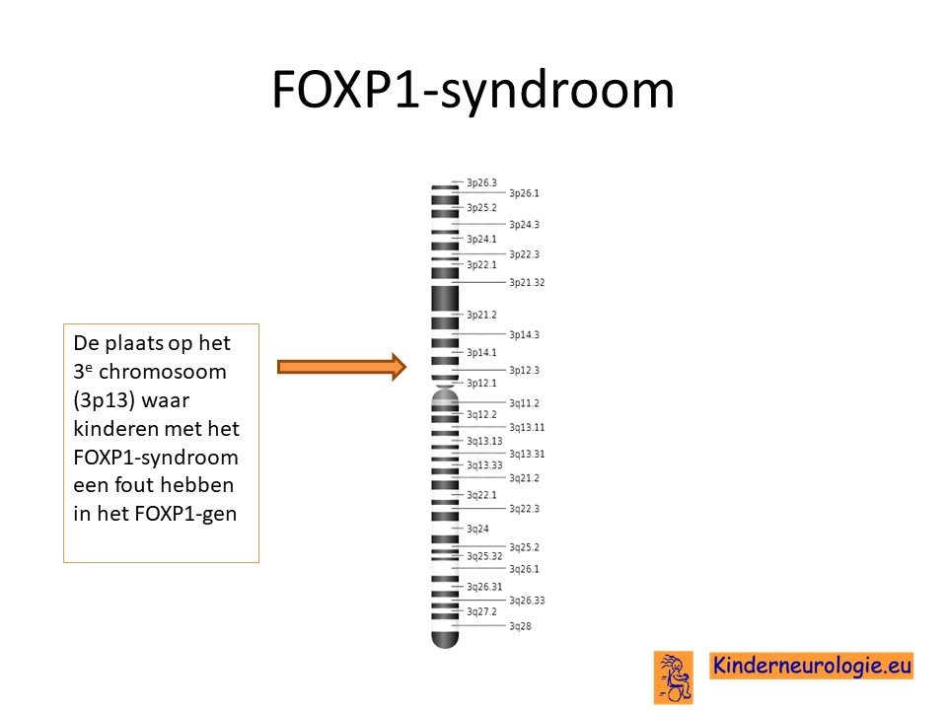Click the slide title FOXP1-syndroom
pos(473,90)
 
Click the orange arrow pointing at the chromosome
pos(342,367)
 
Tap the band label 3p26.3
pos(481,182)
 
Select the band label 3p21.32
pos(527,282)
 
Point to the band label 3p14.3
pos(524,334)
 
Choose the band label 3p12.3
pos(524,370)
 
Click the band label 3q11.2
pos(524,403)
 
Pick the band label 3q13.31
pos(527,454)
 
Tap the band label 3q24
pos(477,529)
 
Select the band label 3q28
pos(520,626)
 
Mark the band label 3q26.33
pos(527,601)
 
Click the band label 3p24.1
pos(481,239)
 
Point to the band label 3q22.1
pos(481,495)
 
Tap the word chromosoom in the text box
pos(163,372)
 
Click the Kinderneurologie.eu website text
pos(811,666)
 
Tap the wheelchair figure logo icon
pos(674,677)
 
